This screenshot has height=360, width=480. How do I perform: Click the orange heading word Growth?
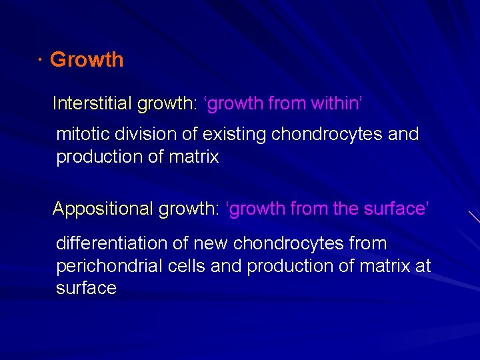pyautogui.click(x=87, y=59)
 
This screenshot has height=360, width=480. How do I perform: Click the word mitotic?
pyautogui.click(x=83, y=134)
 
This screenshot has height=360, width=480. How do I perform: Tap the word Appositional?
pyautogui.click(x=103, y=209)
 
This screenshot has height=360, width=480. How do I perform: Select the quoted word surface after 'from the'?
pyautogui.click(x=394, y=209)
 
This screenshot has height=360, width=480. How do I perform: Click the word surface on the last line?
pyautogui.click(x=86, y=289)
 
